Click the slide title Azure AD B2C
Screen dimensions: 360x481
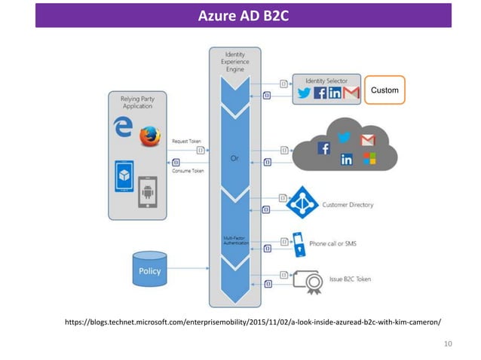click(x=243, y=15)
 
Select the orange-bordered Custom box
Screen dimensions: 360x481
click(x=384, y=91)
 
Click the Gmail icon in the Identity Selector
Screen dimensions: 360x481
click(x=351, y=93)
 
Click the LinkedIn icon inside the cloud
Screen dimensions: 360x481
click(x=347, y=160)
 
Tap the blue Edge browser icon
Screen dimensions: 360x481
click(x=121, y=127)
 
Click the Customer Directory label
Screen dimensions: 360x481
click(x=348, y=204)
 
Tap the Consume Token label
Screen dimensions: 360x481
click(x=188, y=171)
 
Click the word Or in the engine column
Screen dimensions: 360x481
click(x=234, y=157)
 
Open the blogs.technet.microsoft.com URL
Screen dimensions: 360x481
click(x=253, y=322)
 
